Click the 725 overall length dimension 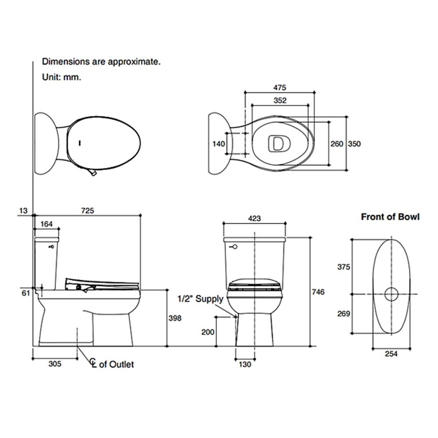(x=88, y=210)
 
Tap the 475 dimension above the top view (x=279, y=88)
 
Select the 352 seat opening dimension (x=280, y=100)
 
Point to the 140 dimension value (x=219, y=144)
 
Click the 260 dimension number (x=336, y=144)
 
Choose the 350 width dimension (x=354, y=144)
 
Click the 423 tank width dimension (x=254, y=218)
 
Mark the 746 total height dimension (x=318, y=292)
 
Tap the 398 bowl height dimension (x=175, y=318)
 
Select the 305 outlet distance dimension (x=55, y=364)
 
